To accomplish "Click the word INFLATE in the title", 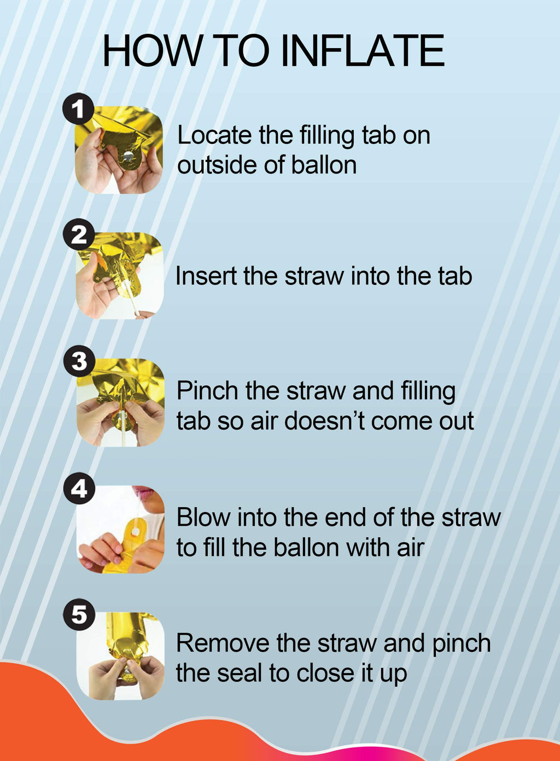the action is pyautogui.click(x=363, y=50).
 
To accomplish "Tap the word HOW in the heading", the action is pyautogui.click(x=151, y=50).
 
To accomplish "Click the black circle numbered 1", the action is pyautogui.click(x=78, y=109).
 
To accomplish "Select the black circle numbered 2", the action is pyautogui.click(x=79, y=234).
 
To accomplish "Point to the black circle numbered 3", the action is pyautogui.click(x=79, y=361).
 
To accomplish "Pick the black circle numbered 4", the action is pyautogui.click(x=79, y=488).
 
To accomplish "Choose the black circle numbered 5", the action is pyautogui.click(x=79, y=614).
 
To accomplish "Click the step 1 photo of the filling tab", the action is pyautogui.click(x=119, y=150).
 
